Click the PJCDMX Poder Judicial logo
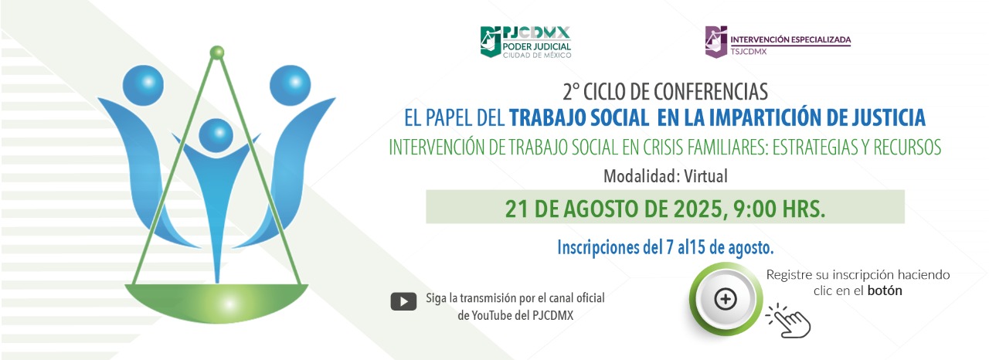[525, 42]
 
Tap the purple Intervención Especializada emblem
[715, 42]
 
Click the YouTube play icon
[403, 302]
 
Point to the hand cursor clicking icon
[789, 321]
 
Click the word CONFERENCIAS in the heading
[710, 92]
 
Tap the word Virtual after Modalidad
[705, 176]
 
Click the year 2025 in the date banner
[698, 209]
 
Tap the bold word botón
[885, 290]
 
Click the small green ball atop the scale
[217, 52]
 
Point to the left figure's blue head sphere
[143, 85]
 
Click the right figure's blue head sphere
[290, 85]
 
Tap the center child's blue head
[216, 135]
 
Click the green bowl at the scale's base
[216, 303]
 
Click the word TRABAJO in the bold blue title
[549, 117]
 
